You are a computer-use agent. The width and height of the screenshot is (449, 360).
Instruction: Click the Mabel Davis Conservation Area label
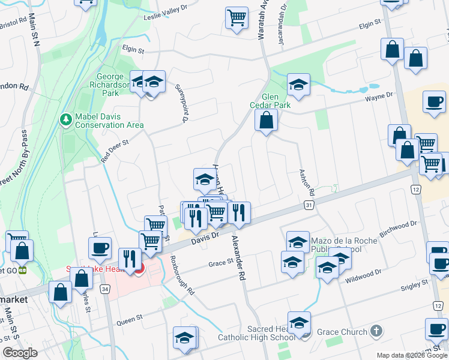109,121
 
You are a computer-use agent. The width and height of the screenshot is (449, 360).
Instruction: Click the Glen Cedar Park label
276,101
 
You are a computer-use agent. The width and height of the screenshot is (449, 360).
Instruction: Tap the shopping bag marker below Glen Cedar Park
266,121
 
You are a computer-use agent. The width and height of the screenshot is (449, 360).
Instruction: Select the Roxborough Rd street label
182,275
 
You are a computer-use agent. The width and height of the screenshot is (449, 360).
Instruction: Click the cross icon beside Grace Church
376,331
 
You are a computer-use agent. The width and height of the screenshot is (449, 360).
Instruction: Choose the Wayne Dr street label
379,95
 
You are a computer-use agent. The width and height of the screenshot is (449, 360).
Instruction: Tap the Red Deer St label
115,151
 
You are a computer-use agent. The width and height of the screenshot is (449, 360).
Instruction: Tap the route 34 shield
105,290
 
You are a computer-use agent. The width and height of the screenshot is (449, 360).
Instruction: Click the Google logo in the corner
20,353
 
